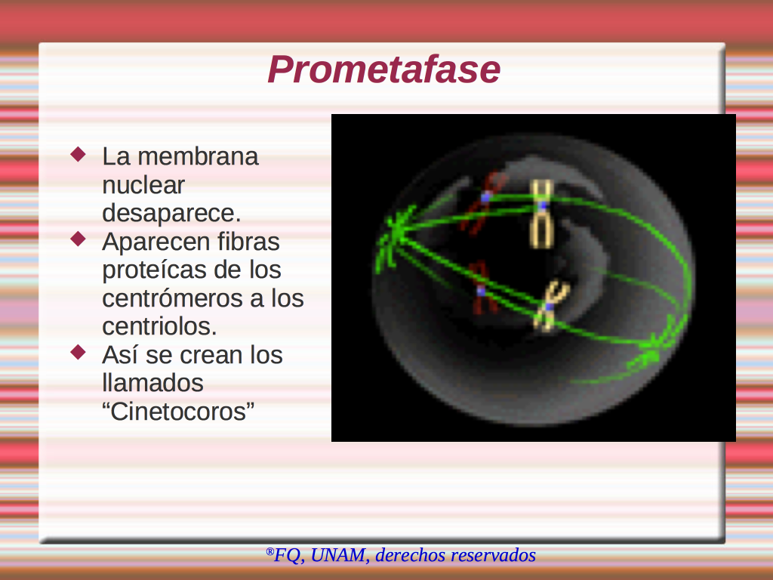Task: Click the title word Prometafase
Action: click(x=384, y=69)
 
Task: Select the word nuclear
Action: click(x=143, y=185)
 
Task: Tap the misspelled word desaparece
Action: click(x=171, y=213)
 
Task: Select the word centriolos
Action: click(x=160, y=326)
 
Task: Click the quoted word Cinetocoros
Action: click(x=178, y=412)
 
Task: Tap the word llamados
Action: click(x=152, y=383)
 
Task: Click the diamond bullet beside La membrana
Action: click(x=79, y=154)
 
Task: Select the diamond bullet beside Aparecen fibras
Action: click(x=79, y=239)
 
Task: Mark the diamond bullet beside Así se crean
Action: click(x=79, y=352)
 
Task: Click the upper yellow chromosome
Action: click(x=541, y=213)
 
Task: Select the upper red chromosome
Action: click(x=483, y=202)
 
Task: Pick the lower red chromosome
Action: click(x=482, y=288)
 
